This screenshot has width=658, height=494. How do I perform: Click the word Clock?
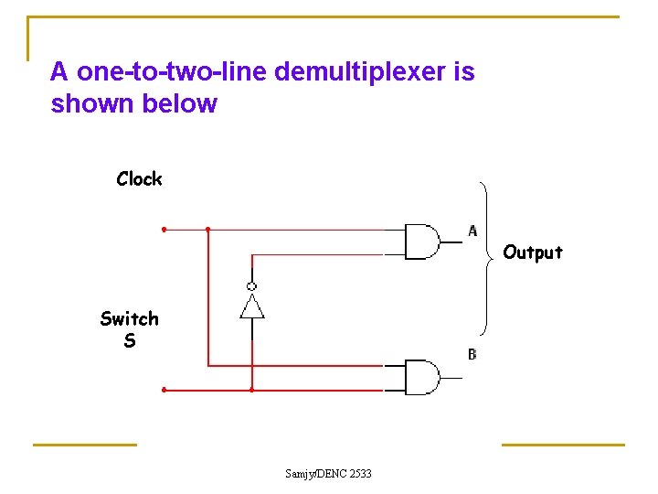pyautogui.click(x=139, y=179)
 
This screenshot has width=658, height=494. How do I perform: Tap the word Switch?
pyautogui.click(x=129, y=318)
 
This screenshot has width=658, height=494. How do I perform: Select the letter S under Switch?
pyautogui.click(x=130, y=341)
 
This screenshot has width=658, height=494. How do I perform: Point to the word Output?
pyautogui.click(x=533, y=252)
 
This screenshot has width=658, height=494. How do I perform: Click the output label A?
pyautogui.click(x=472, y=231)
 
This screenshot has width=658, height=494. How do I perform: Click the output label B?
pyautogui.click(x=472, y=354)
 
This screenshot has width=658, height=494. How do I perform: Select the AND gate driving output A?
pyautogui.click(x=421, y=242)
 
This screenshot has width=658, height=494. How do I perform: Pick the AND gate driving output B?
pyautogui.click(x=421, y=377)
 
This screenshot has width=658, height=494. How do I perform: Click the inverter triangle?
pyautogui.click(x=252, y=306)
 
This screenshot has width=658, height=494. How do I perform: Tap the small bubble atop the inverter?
pyautogui.click(x=252, y=286)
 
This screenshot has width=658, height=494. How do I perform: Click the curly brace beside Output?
pyautogui.click(x=488, y=256)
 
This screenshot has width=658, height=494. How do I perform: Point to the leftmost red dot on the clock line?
pyautogui.click(x=164, y=229)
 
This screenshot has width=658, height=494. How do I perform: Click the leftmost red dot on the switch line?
pyautogui.click(x=164, y=390)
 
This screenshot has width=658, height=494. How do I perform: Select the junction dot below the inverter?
pyautogui.click(x=252, y=390)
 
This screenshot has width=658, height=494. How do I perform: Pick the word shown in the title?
pyautogui.click(x=93, y=103)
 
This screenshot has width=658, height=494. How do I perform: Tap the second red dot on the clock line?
pyautogui.click(x=208, y=229)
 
